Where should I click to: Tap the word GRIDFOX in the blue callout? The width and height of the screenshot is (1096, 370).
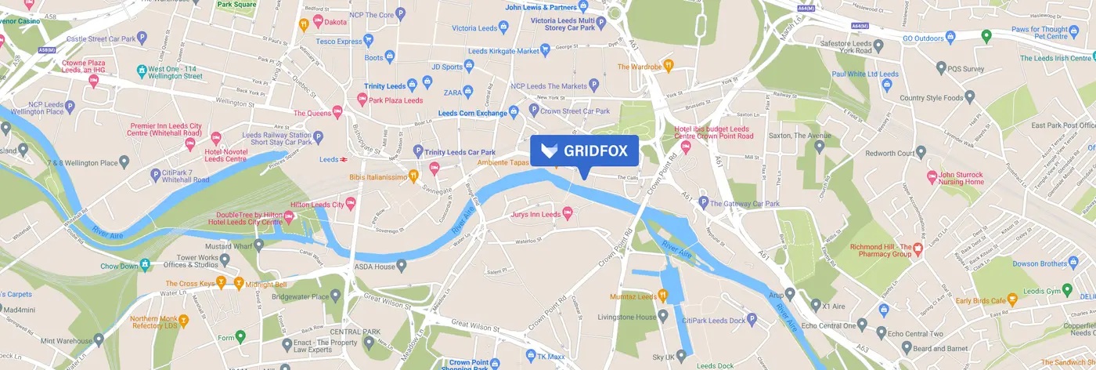click(595, 151)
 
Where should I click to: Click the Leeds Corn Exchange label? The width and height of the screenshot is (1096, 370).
click(472, 113)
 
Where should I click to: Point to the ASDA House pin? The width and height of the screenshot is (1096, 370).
click(402, 267)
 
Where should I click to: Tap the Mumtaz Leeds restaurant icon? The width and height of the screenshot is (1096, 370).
click(663, 296)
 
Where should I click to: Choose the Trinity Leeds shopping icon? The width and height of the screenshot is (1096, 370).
click(427, 82)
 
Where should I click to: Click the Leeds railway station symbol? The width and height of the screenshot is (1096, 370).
click(344, 159)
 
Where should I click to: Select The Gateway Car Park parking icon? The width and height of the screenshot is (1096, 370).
click(703, 204)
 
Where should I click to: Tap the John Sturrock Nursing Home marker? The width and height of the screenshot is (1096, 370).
click(932, 177)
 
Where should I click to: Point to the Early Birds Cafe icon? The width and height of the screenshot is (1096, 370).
click(1011, 299)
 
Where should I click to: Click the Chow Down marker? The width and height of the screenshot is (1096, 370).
click(145, 265)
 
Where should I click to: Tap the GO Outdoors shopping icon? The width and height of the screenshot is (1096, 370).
click(950, 36)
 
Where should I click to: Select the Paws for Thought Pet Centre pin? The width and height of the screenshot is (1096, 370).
click(987, 35)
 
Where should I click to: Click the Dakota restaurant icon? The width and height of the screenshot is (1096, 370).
click(303, 24)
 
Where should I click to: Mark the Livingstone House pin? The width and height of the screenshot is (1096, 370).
click(663, 317)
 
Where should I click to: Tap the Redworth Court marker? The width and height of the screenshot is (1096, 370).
click(921, 151)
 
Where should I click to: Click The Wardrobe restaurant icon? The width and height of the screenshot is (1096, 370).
click(668, 66)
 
